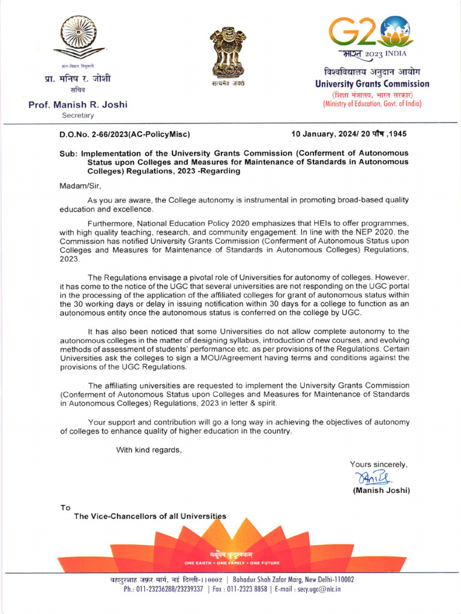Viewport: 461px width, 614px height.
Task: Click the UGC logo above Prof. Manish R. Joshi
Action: (78, 37)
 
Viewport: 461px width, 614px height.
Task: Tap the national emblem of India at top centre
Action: (227, 52)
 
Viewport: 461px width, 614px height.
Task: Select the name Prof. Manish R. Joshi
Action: (78, 105)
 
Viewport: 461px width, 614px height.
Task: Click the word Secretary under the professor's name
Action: (78, 115)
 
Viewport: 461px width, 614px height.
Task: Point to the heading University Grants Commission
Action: (372, 84)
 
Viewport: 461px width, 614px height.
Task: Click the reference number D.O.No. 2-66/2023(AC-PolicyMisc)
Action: (125, 134)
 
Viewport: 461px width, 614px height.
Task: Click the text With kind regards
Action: (148, 450)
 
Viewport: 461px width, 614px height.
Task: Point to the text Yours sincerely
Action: (379, 464)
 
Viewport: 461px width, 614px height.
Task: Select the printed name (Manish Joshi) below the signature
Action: (381, 490)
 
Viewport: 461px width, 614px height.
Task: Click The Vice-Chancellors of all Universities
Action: (150, 516)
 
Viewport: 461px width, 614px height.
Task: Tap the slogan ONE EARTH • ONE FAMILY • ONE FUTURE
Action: (232, 563)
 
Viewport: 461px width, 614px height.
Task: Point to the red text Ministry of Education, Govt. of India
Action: (372, 104)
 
